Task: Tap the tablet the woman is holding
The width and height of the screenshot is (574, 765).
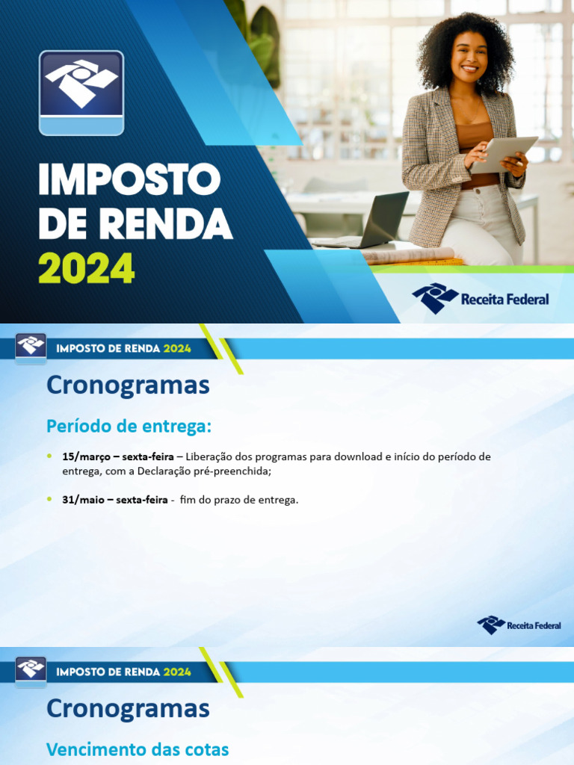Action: pos(504,152)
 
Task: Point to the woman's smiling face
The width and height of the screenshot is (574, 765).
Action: pos(469,58)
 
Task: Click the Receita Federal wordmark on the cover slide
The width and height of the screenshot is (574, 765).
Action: pos(504,300)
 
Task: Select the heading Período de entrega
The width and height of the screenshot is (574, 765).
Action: pos(129,426)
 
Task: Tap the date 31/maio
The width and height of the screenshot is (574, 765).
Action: pos(83,500)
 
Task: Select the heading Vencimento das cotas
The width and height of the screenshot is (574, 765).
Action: pos(138,749)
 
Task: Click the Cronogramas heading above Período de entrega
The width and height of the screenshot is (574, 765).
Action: pos(128,385)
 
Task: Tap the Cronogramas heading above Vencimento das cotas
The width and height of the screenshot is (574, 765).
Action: pos(128,708)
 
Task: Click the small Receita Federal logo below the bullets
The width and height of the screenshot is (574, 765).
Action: pos(519,625)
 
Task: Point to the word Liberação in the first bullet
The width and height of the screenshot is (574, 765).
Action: pos(209,456)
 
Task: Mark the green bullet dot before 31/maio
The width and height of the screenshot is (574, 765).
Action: pos(49,499)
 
